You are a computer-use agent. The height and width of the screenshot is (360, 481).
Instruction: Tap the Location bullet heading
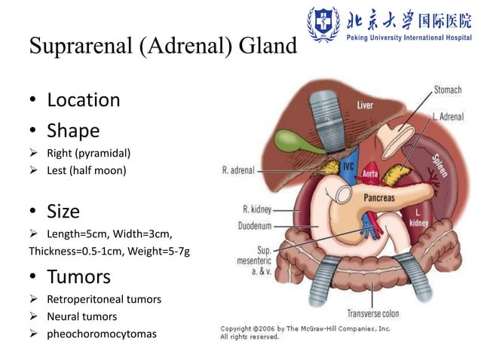point(83,99)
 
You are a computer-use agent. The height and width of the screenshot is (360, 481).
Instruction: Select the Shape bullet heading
point(73,131)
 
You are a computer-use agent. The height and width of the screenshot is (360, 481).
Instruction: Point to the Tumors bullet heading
point(78,276)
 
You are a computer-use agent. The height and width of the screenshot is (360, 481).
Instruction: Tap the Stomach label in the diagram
point(447,90)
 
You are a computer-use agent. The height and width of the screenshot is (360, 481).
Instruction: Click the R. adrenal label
point(238,170)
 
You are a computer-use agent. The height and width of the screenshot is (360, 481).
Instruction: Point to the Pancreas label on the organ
point(379,198)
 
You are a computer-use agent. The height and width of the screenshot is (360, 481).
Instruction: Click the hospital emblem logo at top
point(323,25)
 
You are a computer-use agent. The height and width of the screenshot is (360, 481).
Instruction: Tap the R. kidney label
point(256,209)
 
